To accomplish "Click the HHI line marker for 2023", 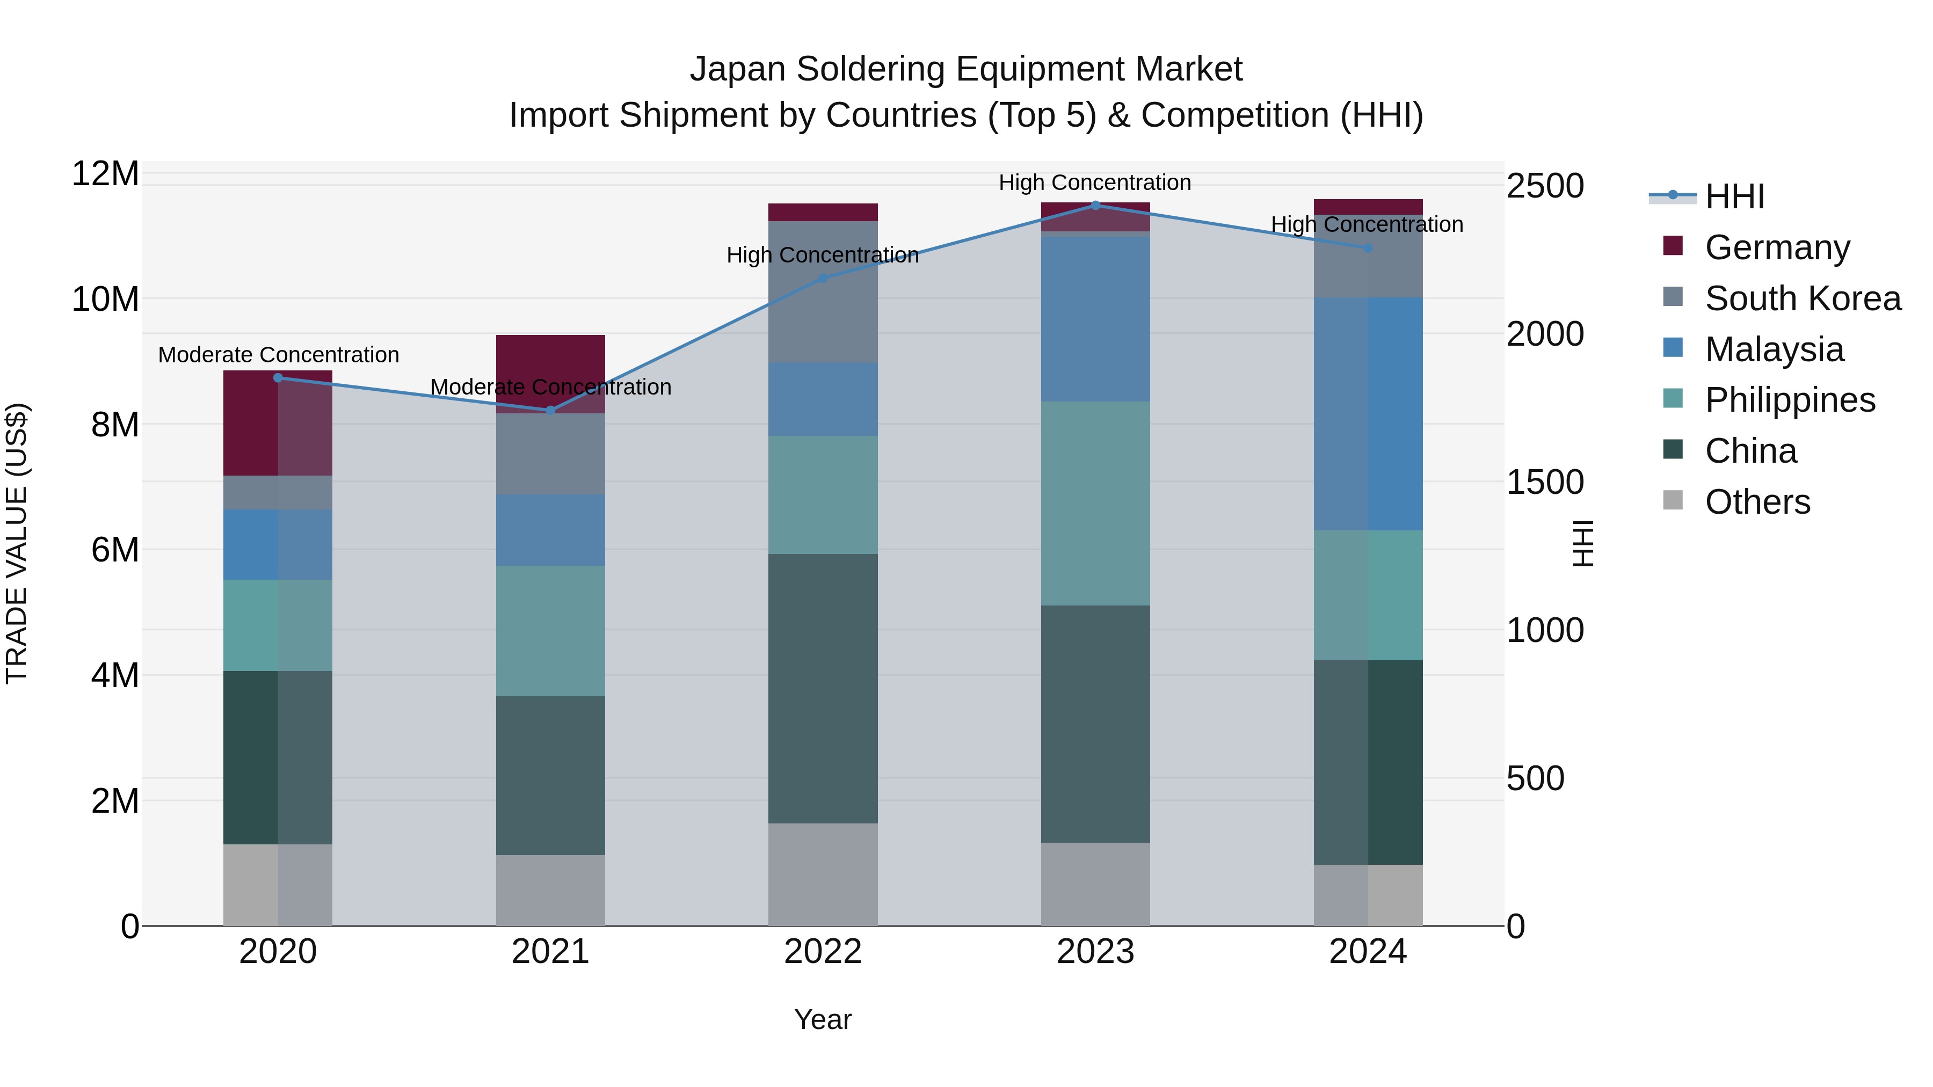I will pos(1095,205).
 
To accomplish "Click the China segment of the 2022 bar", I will pos(823,688).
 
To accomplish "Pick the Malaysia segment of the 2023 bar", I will pos(1095,319).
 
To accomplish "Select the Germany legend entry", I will pos(1776,247).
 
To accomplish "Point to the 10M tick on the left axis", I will pos(105,300).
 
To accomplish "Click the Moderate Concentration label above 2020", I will pos(278,355).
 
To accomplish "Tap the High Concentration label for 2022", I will pos(823,255).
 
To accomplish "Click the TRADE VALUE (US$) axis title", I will pos(17,543).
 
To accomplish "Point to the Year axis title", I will pos(823,1019).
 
